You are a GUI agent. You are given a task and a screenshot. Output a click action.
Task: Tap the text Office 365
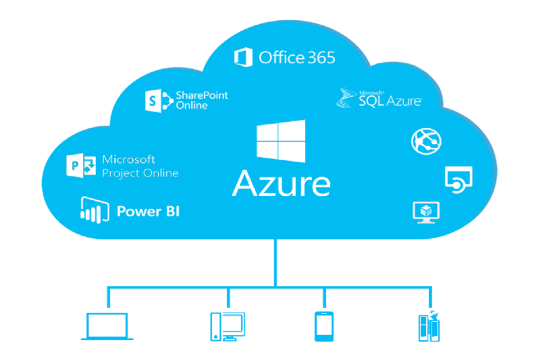pyautogui.click(x=297, y=58)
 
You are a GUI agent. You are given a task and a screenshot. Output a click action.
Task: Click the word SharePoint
pyautogui.click(x=202, y=95)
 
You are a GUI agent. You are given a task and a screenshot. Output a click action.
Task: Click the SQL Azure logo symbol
pyautogui.click(x=346, y=98)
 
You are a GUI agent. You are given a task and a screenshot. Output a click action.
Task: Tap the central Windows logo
pyautogui.click(x=280, y=141)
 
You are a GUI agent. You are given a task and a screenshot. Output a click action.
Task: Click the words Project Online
pyautogui.click(x=140, y=173)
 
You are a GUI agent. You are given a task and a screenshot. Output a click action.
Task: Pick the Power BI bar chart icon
pyautogui.click(x=94, y=209)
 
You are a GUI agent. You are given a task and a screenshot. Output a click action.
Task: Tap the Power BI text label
pyautogui.click(x=148, y=211)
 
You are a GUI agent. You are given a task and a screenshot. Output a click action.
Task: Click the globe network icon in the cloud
pyautogui.click(x=426, y=141)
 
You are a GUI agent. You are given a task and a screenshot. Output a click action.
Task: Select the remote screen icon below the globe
pyautogui.click(x=458, y=179)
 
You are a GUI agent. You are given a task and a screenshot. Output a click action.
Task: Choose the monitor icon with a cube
pyautogui.click(x=426, y=211)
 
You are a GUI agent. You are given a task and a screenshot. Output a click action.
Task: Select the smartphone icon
pyautogui.click(x=324, y=326)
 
